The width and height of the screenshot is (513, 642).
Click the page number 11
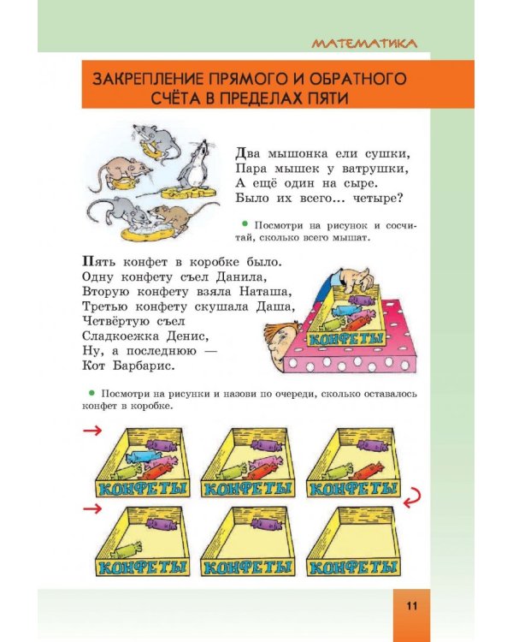[x=411, y=607]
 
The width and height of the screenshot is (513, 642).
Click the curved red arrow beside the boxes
[x=413, y=494]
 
